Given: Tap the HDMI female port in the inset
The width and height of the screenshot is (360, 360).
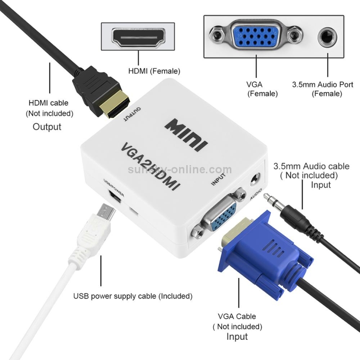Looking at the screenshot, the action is point(138,37).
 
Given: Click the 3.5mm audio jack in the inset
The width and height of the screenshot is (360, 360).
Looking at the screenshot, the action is point(327,37).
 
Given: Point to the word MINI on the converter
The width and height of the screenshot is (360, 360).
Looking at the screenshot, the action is point(186,135).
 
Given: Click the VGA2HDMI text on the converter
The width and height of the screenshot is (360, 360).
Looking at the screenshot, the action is point(150,166).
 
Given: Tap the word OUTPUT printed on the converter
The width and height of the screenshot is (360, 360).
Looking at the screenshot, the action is point(132,114).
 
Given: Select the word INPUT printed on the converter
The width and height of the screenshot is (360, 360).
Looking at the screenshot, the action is point(218,179).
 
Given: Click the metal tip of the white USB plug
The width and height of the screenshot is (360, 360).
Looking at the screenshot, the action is point(106,212).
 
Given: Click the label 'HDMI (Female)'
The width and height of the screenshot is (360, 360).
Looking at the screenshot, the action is point(154,71).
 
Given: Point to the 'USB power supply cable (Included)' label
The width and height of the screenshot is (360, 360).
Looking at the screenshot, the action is point(132,296).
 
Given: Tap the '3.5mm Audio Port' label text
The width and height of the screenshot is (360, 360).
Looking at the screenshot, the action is point(323,84).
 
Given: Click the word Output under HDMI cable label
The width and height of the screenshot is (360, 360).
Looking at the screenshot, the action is point(47,127).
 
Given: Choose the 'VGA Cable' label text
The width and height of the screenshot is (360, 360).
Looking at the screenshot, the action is point(237,316).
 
